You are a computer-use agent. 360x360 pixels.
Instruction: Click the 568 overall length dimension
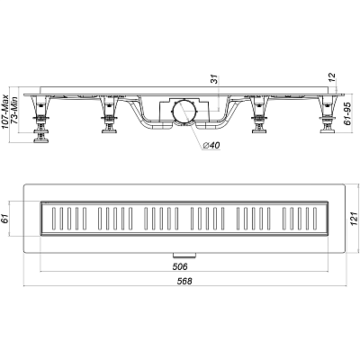pos(184,281)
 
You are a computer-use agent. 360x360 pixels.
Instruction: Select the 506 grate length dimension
pos(180,266)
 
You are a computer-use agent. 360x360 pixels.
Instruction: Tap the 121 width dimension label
pos(355,219)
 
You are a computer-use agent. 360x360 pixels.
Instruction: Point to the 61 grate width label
pos(5,219)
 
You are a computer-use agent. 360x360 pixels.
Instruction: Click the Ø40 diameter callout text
pos(211,146)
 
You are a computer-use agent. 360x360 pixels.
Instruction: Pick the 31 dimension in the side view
pos(214,79)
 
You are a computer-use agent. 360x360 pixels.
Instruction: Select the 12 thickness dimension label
pos(332,77)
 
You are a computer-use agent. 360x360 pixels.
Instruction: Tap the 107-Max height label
pos(5,112)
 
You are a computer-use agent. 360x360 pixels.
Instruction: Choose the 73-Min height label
pos(14,112)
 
